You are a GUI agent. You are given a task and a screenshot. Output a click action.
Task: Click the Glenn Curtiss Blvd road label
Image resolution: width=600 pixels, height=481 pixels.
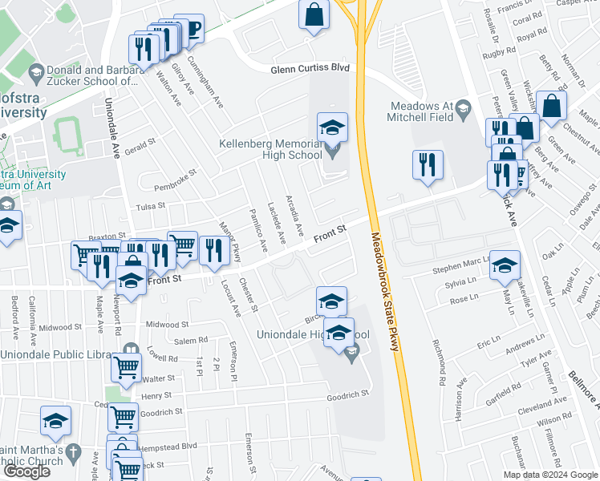click(x=310, y=69)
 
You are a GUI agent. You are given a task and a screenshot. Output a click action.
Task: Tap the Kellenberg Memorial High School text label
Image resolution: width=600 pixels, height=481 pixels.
click(x=271, y=149)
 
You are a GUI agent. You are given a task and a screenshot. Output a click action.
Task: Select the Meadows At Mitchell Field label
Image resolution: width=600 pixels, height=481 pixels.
click(x=421, y=111)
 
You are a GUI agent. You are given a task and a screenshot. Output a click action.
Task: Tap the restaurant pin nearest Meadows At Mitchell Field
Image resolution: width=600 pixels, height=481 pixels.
click(x=428, y=165)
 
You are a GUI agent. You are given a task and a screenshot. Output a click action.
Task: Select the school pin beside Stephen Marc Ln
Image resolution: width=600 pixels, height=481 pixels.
click(x=505, y=266)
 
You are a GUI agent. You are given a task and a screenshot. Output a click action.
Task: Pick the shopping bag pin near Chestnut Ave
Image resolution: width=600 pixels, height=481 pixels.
click(x=552, y=106)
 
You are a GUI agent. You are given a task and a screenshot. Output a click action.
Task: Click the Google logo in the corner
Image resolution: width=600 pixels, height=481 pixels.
click(x=26, y=471)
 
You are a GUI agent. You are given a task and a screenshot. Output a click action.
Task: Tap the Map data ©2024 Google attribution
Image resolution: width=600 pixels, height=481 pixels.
click(x=549, y=475)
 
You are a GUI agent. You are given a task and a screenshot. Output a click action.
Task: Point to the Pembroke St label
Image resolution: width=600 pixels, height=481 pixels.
click(x=176, y=180)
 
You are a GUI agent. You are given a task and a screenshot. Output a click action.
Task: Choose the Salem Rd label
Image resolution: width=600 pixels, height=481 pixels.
click(x=191, y=341)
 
